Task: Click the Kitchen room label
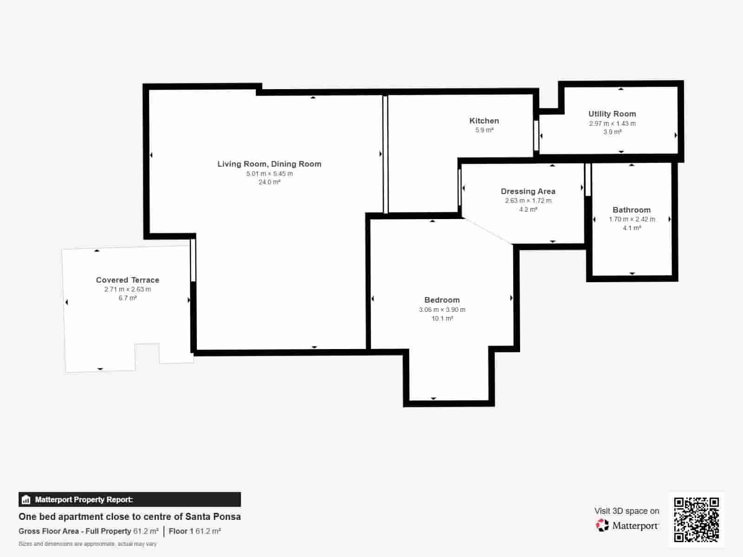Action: pyautogui.click(x=484, y=121)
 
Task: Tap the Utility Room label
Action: pyautogui.click(x=612, y=114)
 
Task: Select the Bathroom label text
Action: pyautogui.click(x=632, y=210)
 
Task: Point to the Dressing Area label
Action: pyautogui.click(x=528, y=191)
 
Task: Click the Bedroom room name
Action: pyautogui.click(x=442, y=300)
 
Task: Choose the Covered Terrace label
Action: pyautogui.click(x=128, y=280)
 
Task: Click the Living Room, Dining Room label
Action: pyautogui.click(x=269, y=164)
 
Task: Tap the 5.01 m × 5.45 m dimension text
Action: pyautogui.click(x=269, y=174)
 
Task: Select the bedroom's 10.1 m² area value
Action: pyautogui.click(x=443, y=318)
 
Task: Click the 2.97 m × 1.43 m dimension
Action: pyautogui.click(x=613, y=123)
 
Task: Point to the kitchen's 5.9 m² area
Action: pyautogui.click(x=484, y=130)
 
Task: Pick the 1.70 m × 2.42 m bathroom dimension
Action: pyautogui.click(x=632, y=220)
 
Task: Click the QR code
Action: pyautogui.click(x=696, y=520)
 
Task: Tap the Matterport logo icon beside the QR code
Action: pyautogui.click(x=602, y=525)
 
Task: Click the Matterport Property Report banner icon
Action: pyautogui.click(x=26, y=499)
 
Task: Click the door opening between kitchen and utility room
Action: pyautogui.click(x=536, y=135)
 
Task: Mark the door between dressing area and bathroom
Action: pyautogui.click(x=588, y=180)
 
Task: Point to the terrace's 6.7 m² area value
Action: pyautogui.click(x=128, y=298)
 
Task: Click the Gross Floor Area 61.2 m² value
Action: pyautogui.click(x=146, y=531)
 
